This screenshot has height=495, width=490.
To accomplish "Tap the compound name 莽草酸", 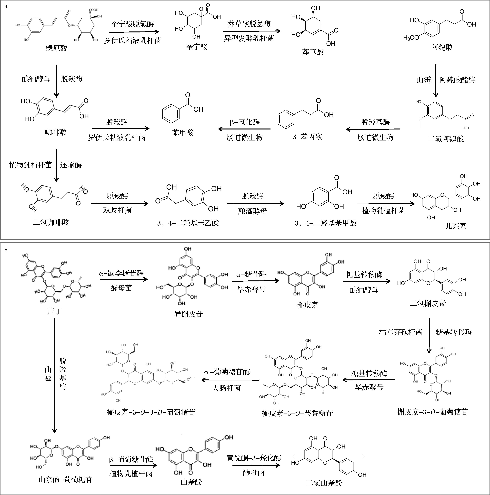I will coord(313,52).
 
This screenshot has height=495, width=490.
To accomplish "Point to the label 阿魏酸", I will coord(442,47).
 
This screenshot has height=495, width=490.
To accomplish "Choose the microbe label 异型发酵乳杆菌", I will coord(249,38).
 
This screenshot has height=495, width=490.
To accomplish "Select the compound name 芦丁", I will coord(55,311).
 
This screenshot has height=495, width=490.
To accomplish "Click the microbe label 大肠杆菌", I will coord(226,388).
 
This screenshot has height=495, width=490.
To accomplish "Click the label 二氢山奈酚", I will coord(324,483).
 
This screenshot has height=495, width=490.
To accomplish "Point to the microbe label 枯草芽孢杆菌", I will coord(401,332).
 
